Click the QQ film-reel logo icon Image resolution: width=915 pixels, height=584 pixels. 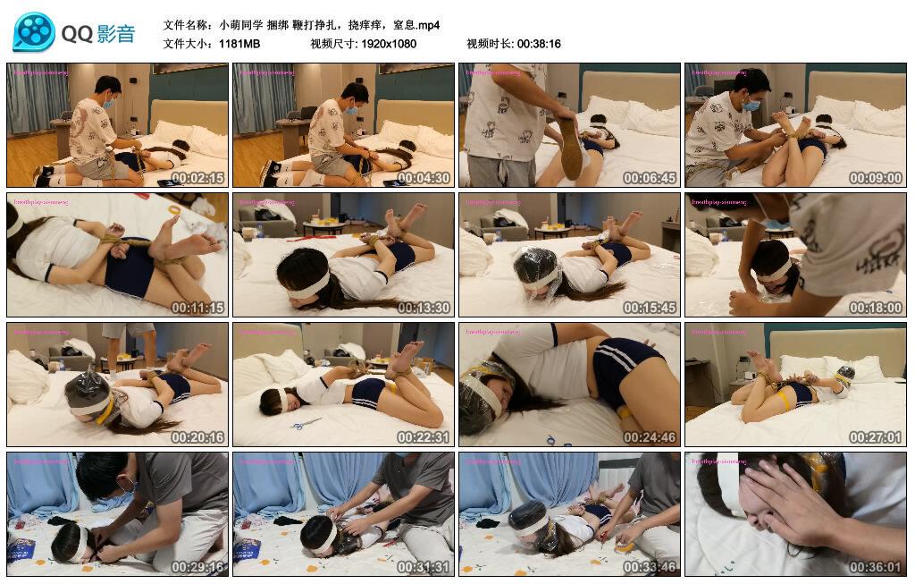33,32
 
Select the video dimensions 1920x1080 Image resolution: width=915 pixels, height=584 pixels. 389,44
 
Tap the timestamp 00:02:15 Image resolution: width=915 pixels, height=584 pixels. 197,178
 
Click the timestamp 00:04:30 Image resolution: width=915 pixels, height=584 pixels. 424,178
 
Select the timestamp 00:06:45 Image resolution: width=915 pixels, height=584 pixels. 650,178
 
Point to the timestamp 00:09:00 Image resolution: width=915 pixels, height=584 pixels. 876,178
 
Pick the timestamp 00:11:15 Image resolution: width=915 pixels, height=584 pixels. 197,308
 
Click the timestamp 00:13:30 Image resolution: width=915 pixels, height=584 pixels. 424,308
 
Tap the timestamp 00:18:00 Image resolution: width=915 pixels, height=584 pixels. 876,308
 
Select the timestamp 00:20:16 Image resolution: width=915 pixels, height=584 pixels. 197,437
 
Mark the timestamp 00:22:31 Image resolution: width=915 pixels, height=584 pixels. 424,437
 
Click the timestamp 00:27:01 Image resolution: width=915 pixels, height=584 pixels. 876,437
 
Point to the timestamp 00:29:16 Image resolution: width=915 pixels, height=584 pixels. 197,567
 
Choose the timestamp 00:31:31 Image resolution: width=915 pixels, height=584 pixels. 424,567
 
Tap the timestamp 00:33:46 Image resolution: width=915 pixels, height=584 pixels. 650,567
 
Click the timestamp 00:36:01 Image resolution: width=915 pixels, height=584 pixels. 876,567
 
